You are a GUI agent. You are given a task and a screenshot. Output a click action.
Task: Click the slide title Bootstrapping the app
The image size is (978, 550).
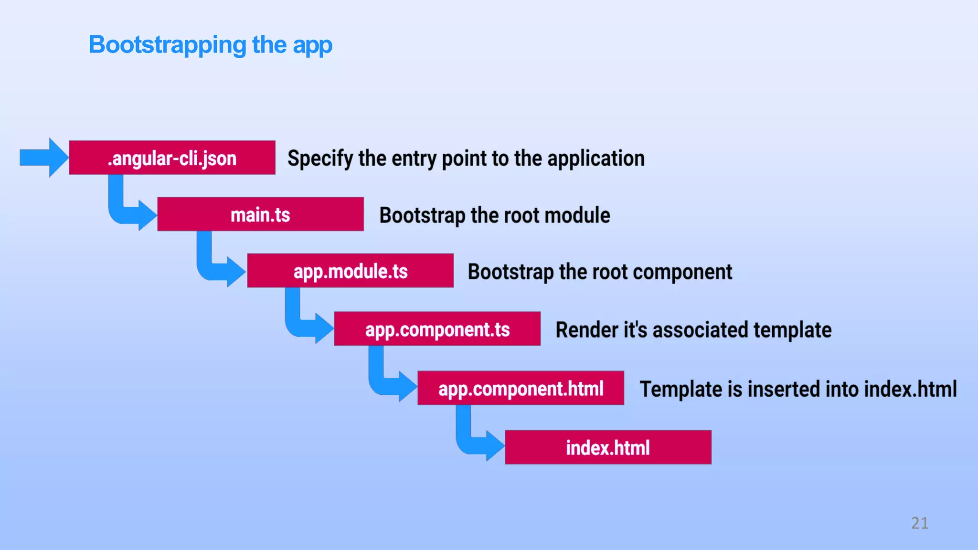(210, 45)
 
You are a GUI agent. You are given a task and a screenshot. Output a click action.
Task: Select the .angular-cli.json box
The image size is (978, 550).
(172, 158)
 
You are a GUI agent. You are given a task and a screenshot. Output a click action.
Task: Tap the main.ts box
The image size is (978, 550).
(260, 214)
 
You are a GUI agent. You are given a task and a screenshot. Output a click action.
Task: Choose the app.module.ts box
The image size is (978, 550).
(350, 271)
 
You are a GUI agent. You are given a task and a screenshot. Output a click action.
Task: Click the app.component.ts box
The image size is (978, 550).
(437, 329)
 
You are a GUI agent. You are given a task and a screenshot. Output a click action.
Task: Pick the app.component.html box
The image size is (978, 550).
(521, 388)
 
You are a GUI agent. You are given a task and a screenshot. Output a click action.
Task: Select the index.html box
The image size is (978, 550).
(608, 447)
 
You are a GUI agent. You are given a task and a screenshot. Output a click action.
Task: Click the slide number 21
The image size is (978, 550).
(920, 523)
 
